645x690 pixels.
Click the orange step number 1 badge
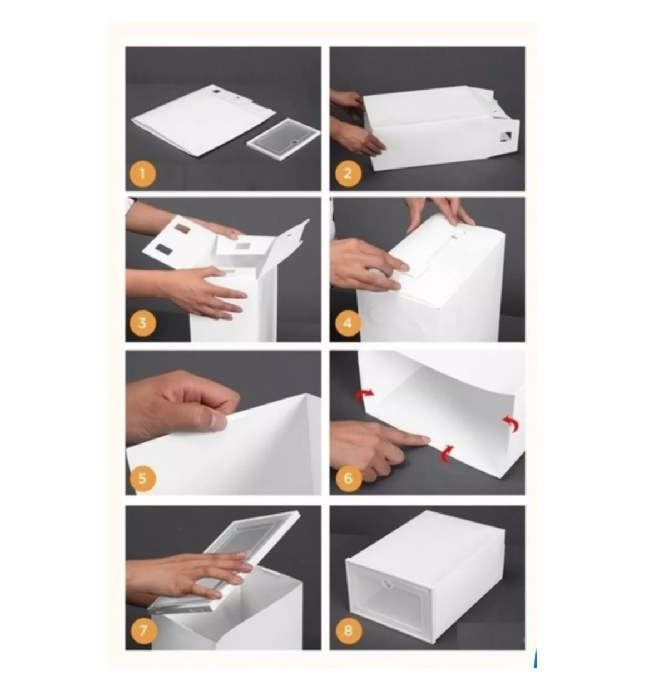(142, 174)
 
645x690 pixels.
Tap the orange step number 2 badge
(348, 174)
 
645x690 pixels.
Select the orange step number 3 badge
(142, 323)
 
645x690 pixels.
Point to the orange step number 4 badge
(348, 323)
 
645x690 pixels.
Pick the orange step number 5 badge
(142, 479)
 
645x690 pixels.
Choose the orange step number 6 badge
(348, 479)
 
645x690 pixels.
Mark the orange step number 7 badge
(143, 630)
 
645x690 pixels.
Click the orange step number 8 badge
(348, 630)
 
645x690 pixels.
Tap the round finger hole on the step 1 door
(295, 142)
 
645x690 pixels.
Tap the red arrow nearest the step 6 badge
(446, 454)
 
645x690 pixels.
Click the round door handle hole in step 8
(386, 584)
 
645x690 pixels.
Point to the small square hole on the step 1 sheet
(216, 92)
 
